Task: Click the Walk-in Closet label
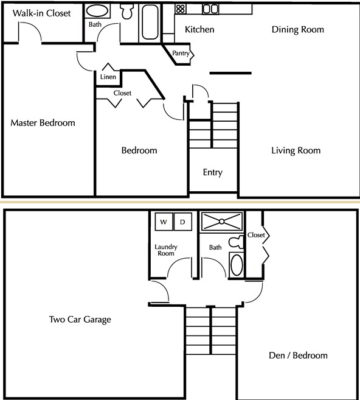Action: [41, 13]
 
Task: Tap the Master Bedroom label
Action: [43, 123]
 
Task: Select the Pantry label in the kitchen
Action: [181, 54]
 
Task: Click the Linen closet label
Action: [108, 77]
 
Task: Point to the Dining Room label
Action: [297, 29]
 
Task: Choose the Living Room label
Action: [296, 150]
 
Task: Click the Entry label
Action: [212, 172]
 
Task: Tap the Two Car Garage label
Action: [80, 319]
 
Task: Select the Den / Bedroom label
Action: [297, 356]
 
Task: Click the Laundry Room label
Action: [165, 250]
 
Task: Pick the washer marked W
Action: [163, 222]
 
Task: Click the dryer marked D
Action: [182, 222]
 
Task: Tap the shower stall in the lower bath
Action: [222, 222]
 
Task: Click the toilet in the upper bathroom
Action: [128, 12]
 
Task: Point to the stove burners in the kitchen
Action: [180, 9]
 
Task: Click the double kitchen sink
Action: [210, 9]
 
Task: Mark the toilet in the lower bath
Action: [236, 242]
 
